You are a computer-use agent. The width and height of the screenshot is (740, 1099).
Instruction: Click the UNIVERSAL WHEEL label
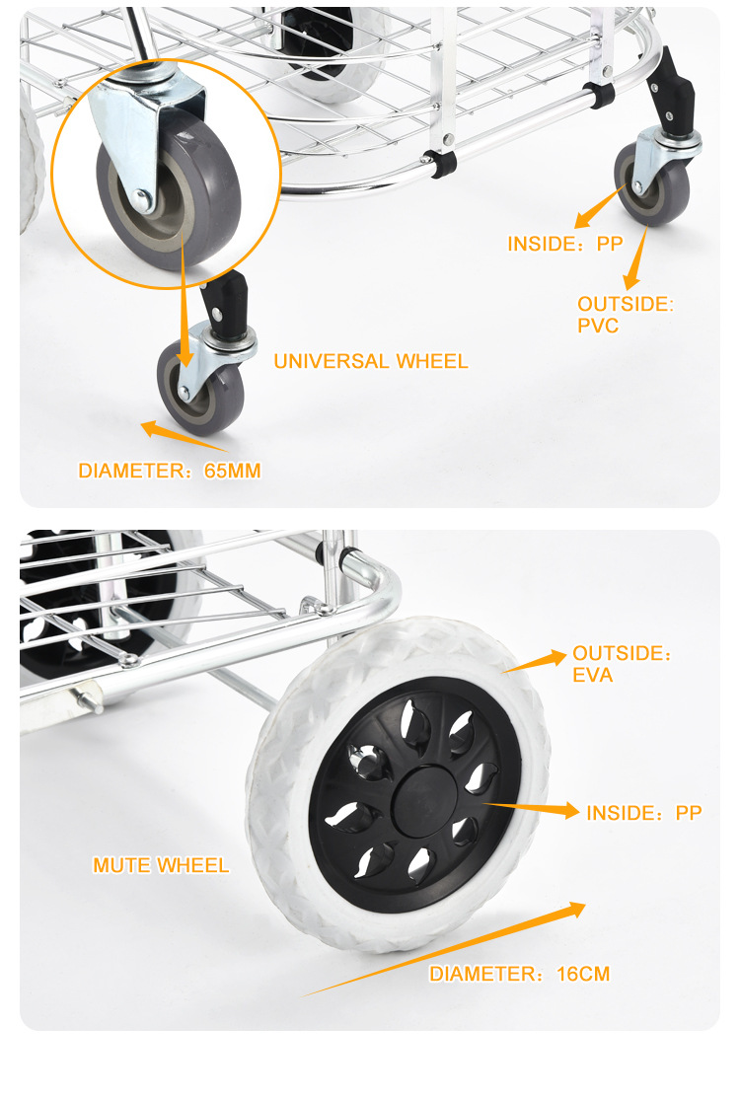click(x=371, y=361)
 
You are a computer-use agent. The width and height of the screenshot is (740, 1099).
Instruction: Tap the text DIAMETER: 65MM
click(x=170, y=471)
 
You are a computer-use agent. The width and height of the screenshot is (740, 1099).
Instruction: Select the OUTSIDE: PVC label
click(x=626, y=315)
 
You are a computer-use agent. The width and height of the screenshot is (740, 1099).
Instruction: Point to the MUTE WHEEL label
click(x=161, y=865)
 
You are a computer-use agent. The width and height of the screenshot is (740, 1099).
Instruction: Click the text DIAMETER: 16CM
click(x=520, y=974)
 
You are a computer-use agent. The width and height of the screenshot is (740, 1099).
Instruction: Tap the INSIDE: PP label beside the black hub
click(x=644, y=812)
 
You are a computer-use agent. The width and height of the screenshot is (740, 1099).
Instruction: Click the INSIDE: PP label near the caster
click(x=565, y=244)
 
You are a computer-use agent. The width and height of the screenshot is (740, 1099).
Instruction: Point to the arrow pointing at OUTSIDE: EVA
click(x=535, y=662)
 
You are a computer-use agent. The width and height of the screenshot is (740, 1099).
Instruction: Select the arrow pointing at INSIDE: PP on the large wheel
click(x=533, y=809)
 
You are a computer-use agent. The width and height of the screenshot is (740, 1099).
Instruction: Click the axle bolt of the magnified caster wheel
click(x=142, y=200)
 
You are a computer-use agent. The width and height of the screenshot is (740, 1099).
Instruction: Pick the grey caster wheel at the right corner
click(x=652, y=185)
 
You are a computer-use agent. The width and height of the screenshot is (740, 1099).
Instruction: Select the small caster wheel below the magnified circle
click(x=200, y=389)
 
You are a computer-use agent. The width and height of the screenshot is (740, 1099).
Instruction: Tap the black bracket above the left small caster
click(x=226, y=306)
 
